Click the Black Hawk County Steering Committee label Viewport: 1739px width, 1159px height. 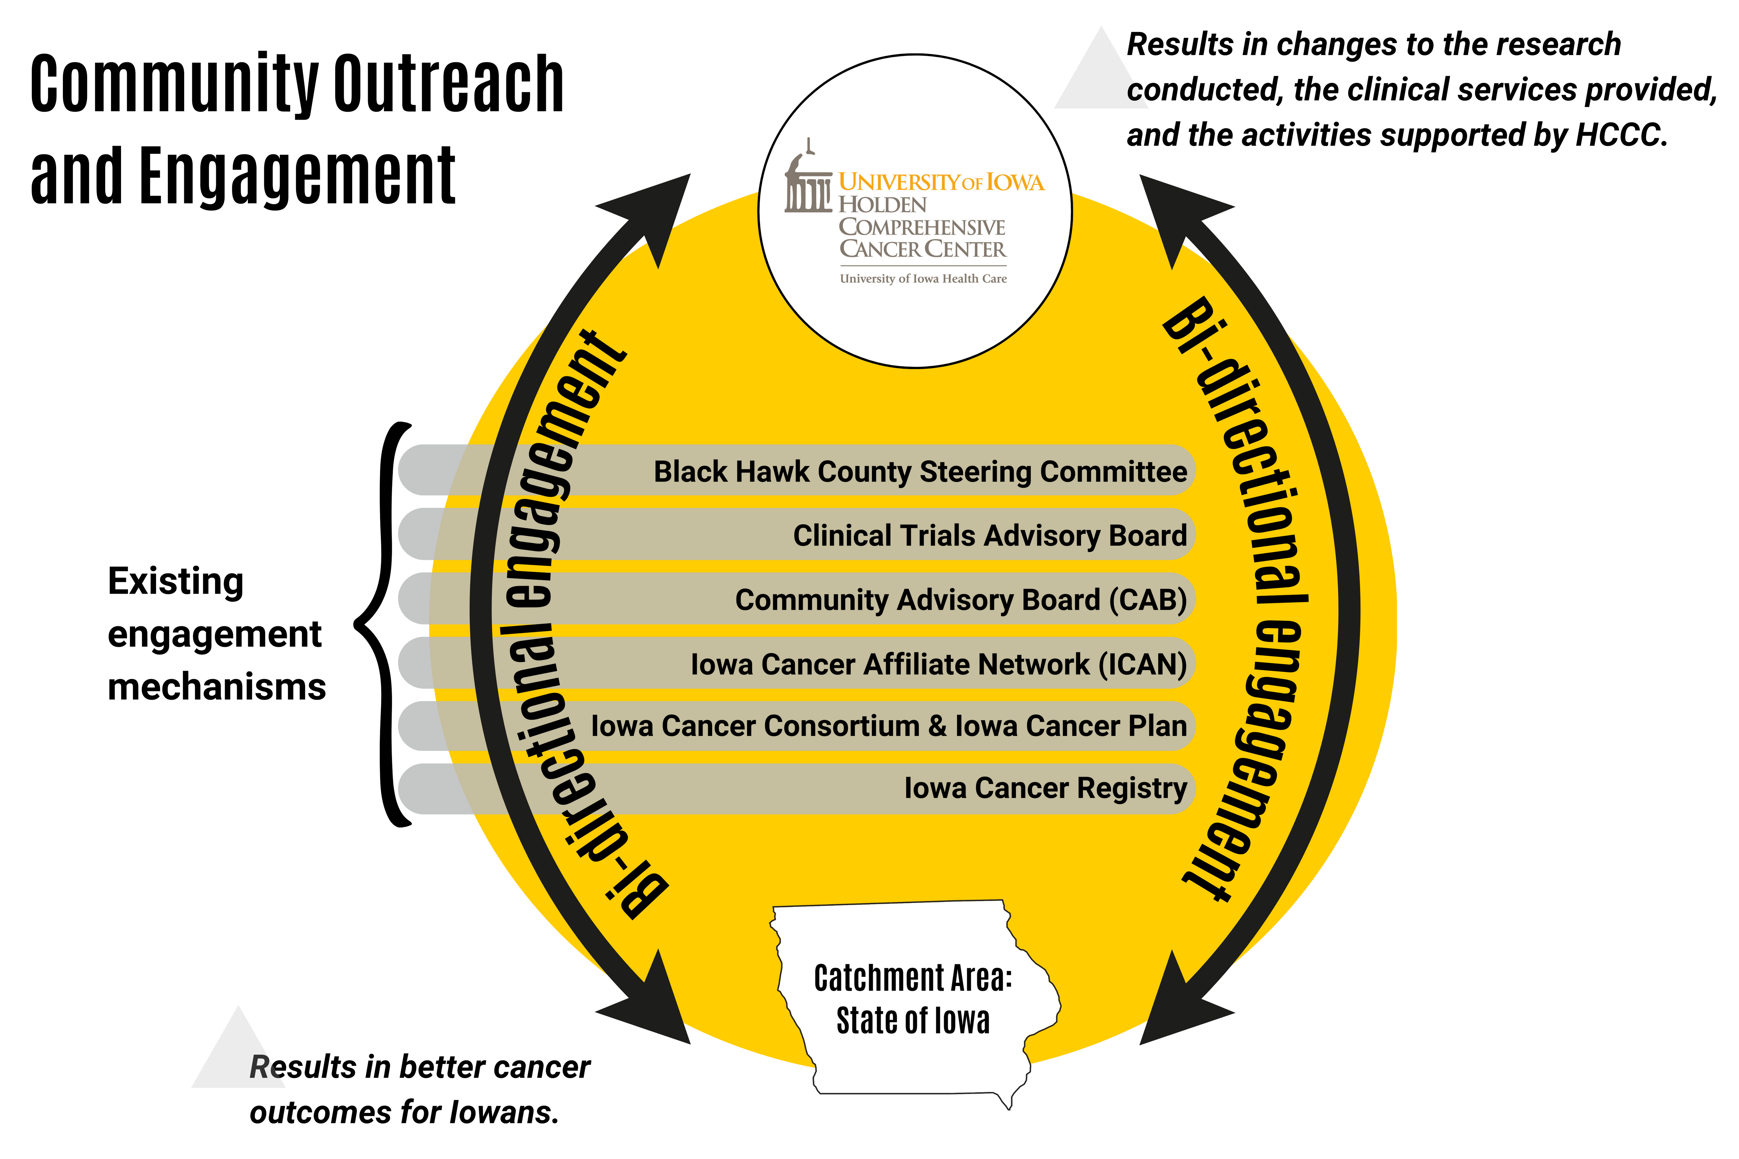coord(920,472)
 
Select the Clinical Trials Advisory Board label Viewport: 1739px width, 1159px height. coord(990,535)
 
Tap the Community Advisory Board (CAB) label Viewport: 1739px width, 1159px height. coord(961,600)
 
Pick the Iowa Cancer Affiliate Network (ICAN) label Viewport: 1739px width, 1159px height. coord(939,664)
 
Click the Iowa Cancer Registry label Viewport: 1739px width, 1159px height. coord(1046,788)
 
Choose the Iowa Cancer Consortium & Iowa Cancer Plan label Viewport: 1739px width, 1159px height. coord(889,726)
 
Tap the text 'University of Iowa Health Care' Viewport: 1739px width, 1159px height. coord(923,279)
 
